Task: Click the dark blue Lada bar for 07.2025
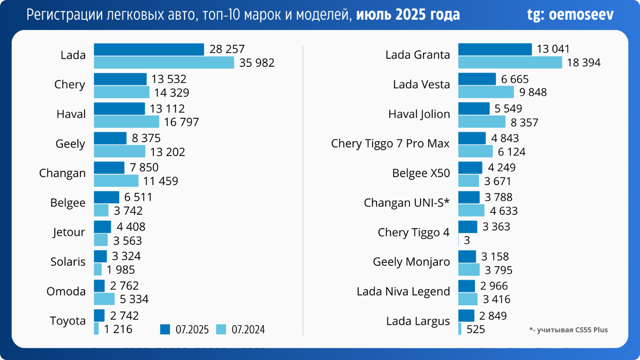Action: click(149, 49)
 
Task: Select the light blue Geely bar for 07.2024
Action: click(119, 152)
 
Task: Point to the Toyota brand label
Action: click(68, 321)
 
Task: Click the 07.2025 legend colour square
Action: click(165, 330)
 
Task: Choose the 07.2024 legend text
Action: click(248, 330)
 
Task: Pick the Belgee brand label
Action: click(68, 203)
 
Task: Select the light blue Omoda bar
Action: click(104, 299)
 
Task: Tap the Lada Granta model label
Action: click(418, 55)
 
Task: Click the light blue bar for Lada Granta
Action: click(510, 63)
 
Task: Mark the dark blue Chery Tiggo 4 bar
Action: click(468, 227)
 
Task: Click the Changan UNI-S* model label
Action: click(406, 203)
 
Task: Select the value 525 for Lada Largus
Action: click(476, 330)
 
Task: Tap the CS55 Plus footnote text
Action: click(568, 330)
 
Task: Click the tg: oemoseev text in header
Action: click(570, 15)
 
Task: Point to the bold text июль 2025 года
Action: click(408, 15)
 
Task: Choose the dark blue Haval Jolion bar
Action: click(474, 108)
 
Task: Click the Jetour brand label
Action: click(69, 232)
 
